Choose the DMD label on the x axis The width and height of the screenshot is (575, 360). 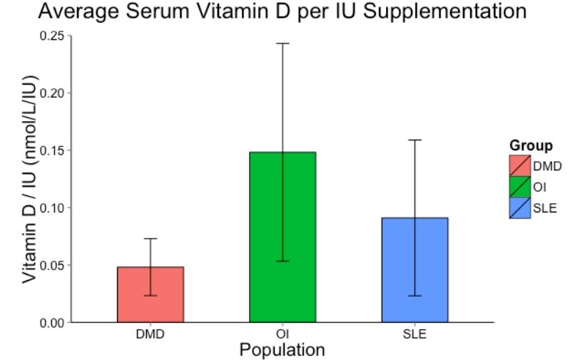[x=150, y=334]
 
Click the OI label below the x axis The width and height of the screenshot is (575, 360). [x=283, y=334]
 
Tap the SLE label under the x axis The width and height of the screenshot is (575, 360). [x=414, y=334]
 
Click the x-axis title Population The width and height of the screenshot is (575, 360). [x=283, y=350]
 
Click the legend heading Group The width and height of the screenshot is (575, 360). [x=531, y=146]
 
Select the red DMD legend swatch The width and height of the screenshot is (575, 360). [x=519, y=166]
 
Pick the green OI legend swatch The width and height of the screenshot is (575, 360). [x=519, y=187]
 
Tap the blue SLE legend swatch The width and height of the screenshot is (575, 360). [x=519, y=207]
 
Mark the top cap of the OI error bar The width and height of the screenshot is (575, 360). [x=283, y=43]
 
